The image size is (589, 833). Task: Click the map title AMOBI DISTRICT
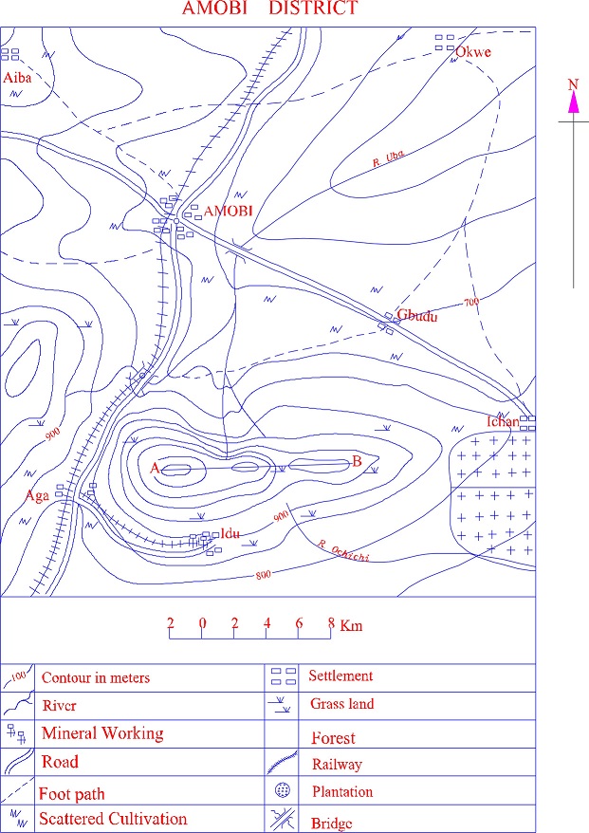269,8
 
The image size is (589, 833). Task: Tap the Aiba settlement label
17,78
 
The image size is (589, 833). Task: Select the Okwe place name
472,52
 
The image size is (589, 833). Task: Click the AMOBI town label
228,211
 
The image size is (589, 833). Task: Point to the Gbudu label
417,316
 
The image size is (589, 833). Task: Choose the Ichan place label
503,421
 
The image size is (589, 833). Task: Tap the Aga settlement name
37,496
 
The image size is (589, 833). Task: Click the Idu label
230,533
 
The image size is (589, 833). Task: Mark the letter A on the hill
155,468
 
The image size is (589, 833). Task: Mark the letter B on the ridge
357,461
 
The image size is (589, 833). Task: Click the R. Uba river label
388,158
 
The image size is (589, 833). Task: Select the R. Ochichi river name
343,550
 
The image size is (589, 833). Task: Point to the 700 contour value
471,303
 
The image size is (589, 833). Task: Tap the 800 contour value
264,574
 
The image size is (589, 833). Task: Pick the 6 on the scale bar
299,622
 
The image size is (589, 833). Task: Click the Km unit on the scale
351,625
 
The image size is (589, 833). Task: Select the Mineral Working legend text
102,733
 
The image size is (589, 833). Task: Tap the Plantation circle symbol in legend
283,790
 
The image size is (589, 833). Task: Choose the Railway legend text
337,764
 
